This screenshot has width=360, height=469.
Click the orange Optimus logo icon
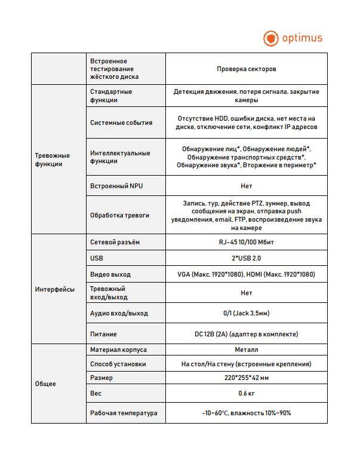coord(271,38)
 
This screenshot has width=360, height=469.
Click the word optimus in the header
coord(302,38)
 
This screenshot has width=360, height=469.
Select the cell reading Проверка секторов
coord(247,69)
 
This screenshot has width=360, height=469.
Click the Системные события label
coord(121,122)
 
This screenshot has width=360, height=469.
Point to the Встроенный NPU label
coord(116,186)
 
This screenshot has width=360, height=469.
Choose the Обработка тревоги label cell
coord(120,215)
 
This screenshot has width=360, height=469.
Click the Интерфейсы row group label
coord(55,289)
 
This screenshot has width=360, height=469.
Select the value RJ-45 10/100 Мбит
coord(247,243)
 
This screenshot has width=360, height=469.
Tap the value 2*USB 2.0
coord(247,259)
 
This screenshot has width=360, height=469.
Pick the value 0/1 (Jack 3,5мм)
coord(247,313)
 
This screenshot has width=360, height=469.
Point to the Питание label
coord(103,334)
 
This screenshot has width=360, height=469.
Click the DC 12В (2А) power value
coord(247,334)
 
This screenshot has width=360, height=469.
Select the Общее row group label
coord(46,384)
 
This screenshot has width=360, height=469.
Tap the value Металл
coord(247,350)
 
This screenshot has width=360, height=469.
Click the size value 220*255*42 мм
coord(247,378)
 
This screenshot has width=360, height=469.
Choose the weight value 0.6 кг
coord(247,393)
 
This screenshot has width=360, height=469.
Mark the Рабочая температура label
coord(124,413)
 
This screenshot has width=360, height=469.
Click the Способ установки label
coord(118,364)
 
